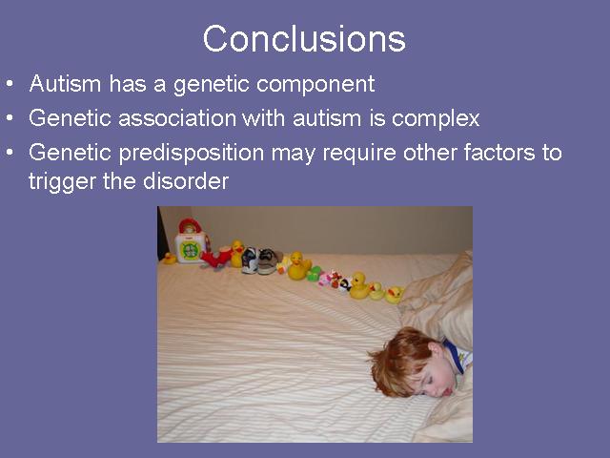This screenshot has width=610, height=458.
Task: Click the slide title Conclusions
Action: (304, 38)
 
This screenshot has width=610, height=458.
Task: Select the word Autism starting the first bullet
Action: (65, 83)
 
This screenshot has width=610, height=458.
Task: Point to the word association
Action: (177, 117)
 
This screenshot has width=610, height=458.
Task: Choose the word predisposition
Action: (192, 154)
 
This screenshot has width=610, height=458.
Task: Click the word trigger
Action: (62, 182)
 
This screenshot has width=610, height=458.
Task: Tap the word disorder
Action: (186, 181)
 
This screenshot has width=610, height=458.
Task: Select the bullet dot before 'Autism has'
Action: (10, 83)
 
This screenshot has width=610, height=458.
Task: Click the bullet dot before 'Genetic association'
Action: (10, 117)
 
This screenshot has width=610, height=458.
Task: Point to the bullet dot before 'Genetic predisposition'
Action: (10, 152)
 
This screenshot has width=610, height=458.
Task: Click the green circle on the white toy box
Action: (191, 250)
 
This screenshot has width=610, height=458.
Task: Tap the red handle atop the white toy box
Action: (190, 225)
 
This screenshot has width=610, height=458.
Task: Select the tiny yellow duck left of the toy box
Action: (170, 258)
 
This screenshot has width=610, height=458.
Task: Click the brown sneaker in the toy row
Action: (269, 260)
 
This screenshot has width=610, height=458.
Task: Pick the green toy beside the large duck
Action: (314, 274)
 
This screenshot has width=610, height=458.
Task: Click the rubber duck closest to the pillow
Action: (394, 295)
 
